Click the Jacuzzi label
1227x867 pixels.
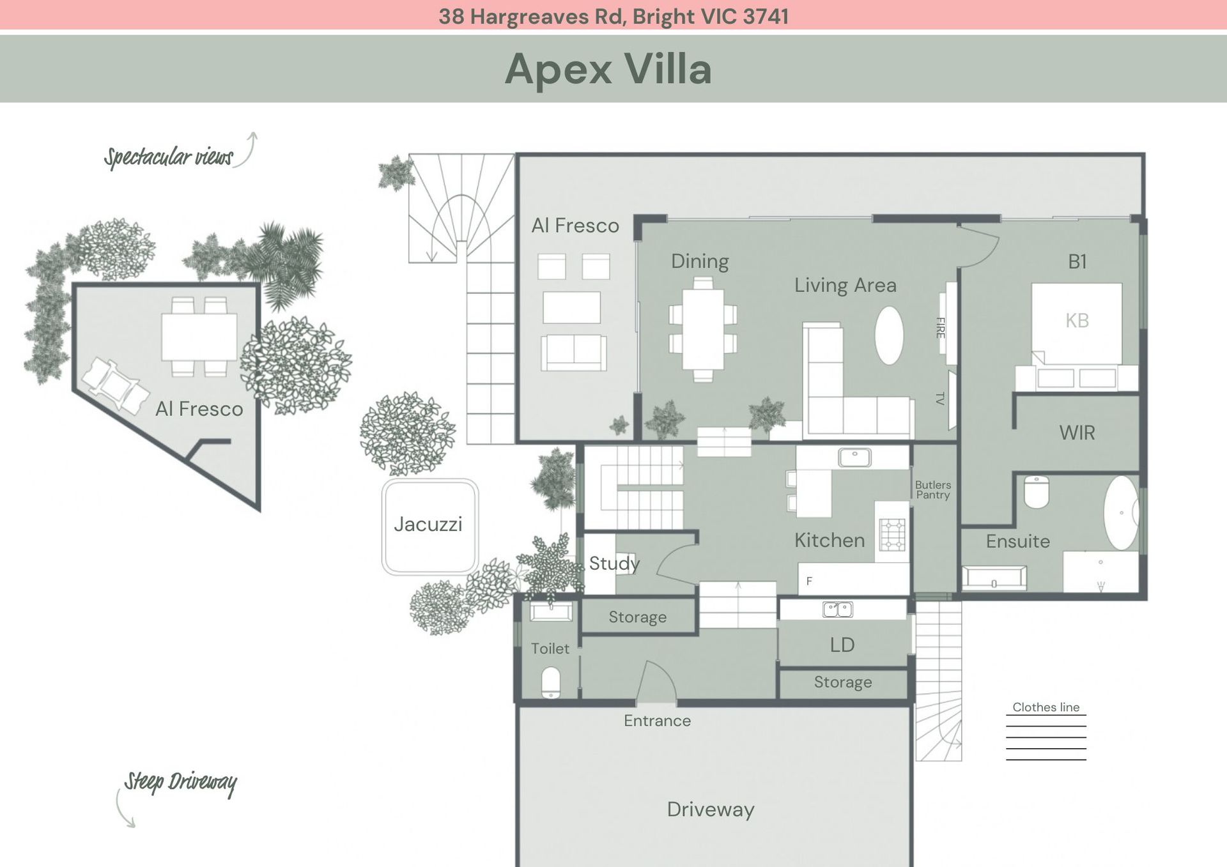(428, 525)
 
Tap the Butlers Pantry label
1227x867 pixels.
(932, 490)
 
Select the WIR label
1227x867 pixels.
(1077, 433)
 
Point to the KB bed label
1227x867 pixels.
(1077, 320)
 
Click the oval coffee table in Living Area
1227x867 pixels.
(889, 335)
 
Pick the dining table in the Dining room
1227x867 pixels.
(703, 330)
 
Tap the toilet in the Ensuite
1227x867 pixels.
(1037, 492)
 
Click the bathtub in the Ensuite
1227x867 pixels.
(1121, 512)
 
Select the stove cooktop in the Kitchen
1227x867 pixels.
(892, 535)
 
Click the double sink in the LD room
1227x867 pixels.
(837, 610)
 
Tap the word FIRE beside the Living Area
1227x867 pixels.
(940, 328)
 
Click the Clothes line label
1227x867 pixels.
(1046, 707)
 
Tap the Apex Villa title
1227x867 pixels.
(608, 69)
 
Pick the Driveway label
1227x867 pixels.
(711, 809)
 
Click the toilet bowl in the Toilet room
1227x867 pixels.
(551, 682)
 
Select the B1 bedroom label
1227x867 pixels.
(1077, 261)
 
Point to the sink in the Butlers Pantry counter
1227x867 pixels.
(854, 457)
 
